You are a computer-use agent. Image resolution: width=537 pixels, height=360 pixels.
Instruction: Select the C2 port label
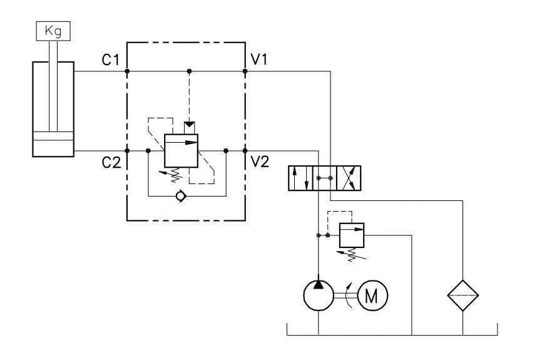(112, 163)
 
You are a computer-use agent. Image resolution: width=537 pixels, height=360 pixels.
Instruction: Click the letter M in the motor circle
(372, 296)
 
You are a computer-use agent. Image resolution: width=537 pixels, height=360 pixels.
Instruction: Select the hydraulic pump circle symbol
(319, 296)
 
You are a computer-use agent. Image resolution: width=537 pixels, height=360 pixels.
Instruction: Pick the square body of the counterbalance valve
(181, 151)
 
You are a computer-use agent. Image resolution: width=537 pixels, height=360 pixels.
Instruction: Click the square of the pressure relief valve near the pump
(350, 235)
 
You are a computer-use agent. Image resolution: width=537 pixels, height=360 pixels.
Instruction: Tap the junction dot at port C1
(127, 71)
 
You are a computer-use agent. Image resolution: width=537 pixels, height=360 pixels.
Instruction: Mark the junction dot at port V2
(245, 151)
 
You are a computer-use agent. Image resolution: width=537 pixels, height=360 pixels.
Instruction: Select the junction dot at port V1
(245, 71)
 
